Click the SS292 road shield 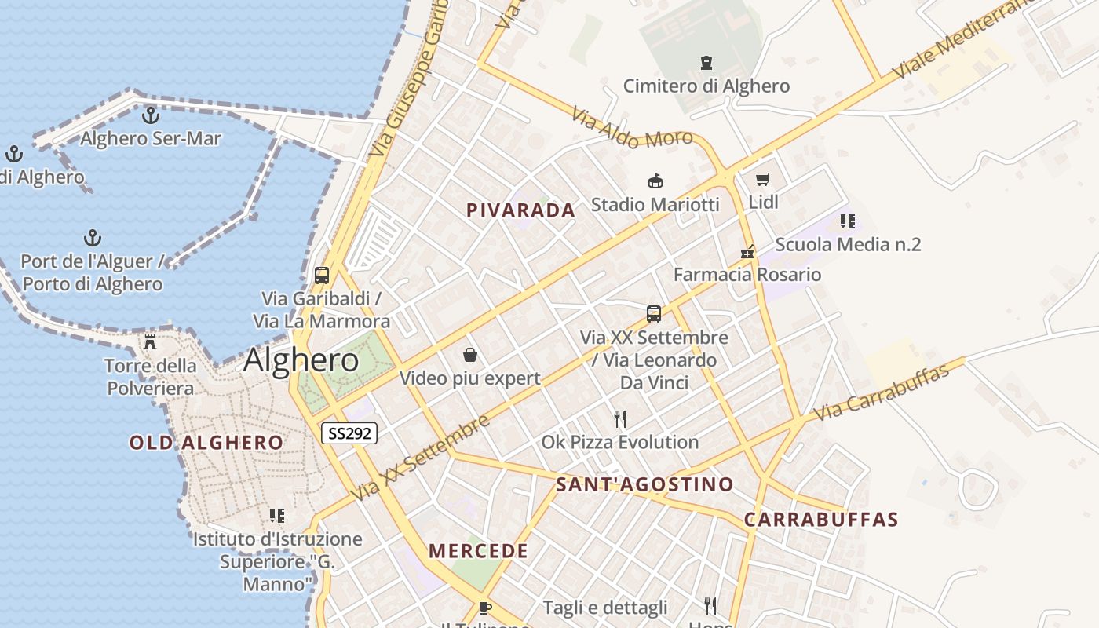[x=349, y=433]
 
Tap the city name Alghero [x=301, y=360]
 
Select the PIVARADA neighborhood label [x=520, y=210]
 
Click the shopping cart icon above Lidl [x=762, y=180]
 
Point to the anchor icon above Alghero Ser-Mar [x=150, y=116]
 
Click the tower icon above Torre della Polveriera [x=150, y=342]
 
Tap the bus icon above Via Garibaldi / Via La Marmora [x=322, y=276]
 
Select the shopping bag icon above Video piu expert [x=470, y=355]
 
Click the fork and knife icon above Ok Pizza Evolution [x=620, y=418]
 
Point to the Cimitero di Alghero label [x=706, y=86]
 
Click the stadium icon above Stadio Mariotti [x=655, y=181]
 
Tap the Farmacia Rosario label [x=747, y=275]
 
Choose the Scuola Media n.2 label [x=848, y=244]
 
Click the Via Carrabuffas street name [x=881, y=392]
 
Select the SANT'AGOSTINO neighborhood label [x=644, y=484]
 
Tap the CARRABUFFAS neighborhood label [x=820, y=520]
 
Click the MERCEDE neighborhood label [x=478, y=551]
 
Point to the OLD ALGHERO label [x=206, y=443]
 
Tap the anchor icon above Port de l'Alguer [x=93, y=238]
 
